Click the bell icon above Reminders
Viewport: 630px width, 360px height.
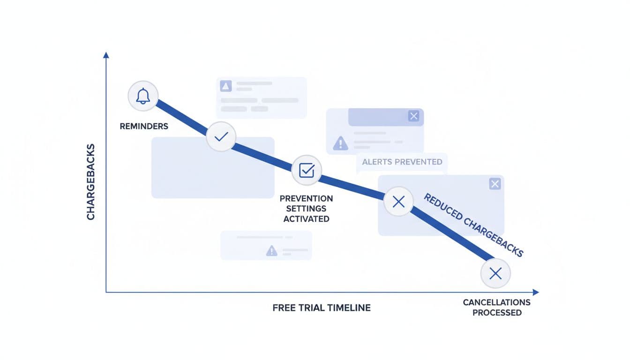pos(143,96)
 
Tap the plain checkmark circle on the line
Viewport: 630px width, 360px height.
pos(221,136)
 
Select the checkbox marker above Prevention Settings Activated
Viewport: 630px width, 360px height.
pos(307,171)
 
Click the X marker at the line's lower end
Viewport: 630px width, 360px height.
pos(495,273)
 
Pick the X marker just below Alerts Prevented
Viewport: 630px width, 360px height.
pos(398,202)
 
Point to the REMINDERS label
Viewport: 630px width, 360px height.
pos(144,127)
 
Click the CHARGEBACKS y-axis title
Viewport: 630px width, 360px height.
pos(91,182)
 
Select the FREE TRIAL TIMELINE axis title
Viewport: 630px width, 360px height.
pos(322,308)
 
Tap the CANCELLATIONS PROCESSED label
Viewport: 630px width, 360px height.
pos(497,307)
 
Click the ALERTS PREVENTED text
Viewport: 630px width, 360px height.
pos(402,162)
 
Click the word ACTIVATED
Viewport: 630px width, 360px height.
pos(307,219)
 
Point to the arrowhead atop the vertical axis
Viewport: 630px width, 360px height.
pos(106,55)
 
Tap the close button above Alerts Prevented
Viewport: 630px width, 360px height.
pos(413,116)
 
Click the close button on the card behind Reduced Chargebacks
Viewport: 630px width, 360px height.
pos(495,184)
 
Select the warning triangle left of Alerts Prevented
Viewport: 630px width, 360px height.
pos(340,143)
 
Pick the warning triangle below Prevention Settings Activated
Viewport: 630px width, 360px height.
pos(271,251)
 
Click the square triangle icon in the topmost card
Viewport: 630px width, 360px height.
pos(226,86)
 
